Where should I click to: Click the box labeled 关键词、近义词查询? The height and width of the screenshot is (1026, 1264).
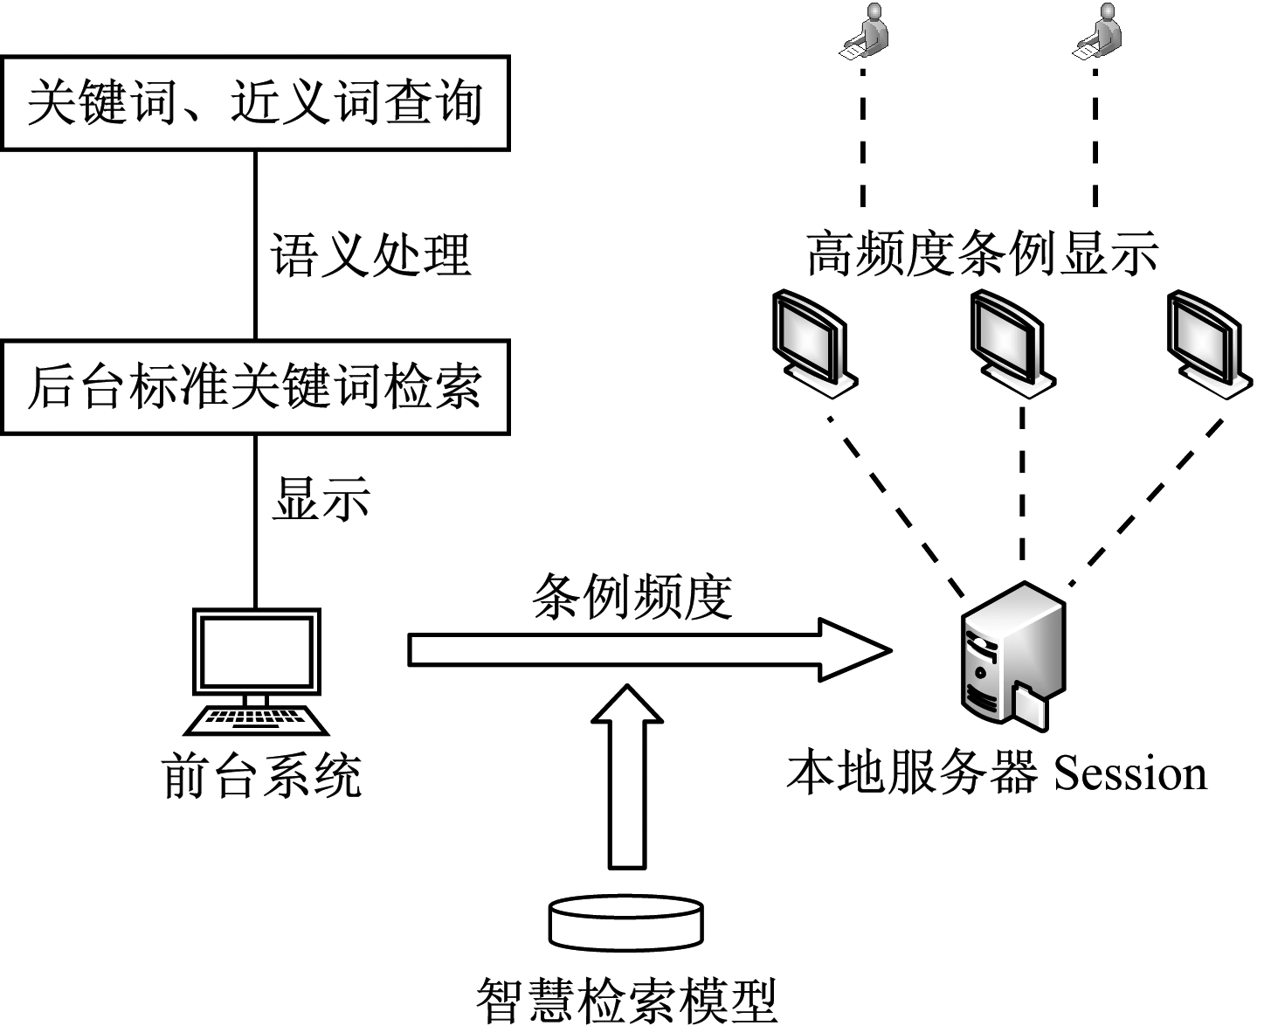point(255,103)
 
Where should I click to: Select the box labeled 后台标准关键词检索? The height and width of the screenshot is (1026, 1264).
point(255,387)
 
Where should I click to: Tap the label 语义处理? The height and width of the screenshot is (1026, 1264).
point(370,256)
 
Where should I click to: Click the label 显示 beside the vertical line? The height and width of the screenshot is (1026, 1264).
point(321,499)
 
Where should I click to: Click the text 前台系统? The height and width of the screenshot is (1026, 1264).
point(262,775)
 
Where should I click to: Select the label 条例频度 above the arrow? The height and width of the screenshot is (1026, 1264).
point(632,598)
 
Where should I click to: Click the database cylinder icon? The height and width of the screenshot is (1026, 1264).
point(626,921)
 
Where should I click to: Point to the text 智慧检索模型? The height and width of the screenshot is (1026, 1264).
point(626,998)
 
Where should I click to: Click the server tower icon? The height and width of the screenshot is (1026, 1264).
point(1013,657)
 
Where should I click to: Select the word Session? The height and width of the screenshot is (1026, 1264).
point(1130,773)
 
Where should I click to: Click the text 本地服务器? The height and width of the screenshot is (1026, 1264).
point(913,773)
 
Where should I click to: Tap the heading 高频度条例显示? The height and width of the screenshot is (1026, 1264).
point(982,254)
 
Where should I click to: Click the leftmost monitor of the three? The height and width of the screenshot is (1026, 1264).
point(812,341)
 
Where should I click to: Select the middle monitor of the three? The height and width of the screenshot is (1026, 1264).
point(1010,341)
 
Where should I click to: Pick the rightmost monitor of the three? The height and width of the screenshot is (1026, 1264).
point(1207,341)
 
